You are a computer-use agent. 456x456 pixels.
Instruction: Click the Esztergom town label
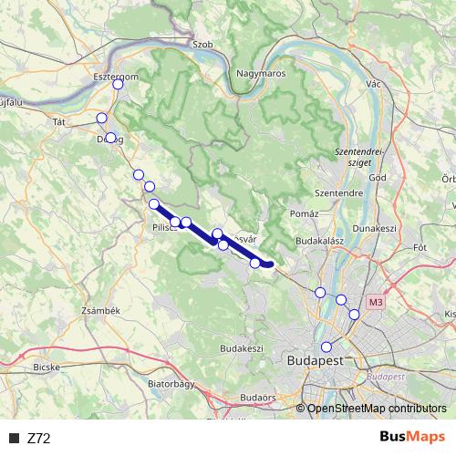click(x=116, y=77)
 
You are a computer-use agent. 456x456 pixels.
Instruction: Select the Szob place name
click(x=202, y=43)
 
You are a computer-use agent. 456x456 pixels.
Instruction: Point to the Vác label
click(x=372, y=83)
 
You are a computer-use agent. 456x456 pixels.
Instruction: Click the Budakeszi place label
click(x=242, y=348)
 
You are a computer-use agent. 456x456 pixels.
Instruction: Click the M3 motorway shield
click(x=377, y=302)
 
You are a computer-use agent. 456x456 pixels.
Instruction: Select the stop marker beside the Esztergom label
click(x=118, y=85)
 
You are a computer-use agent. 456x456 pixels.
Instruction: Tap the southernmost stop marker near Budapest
click(x=326, y=347)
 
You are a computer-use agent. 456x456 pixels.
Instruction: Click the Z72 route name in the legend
click(x=39, y=438)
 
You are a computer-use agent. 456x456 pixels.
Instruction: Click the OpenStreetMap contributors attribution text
click(x=377, y=409)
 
